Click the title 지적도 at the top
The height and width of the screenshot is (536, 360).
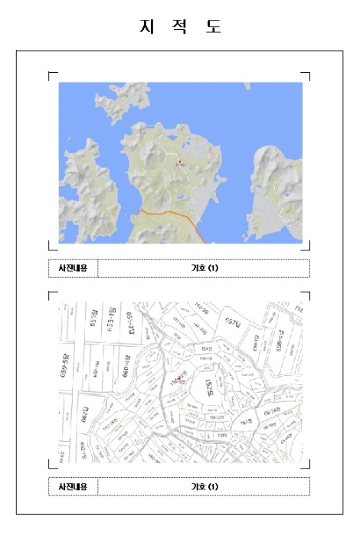pyautogui.click(x=180, y=26)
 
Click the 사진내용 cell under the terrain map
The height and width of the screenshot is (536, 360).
pyautogui.click(x=73, y=268)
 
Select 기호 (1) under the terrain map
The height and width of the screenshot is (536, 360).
pyautogui.click(x=205, y=268)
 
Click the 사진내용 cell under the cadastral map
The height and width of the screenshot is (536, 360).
pyautogui.click(x=73, y=486)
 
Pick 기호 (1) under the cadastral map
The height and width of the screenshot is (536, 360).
pyautogui.click(x=205, y=486)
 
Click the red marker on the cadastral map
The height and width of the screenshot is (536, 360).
pyautogui.click(x=178, y=379)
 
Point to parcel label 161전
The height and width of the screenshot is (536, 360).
pyautogui.click(x=246, y=422)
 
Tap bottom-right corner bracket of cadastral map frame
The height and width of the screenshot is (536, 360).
pyautogui.click(x=309, y=466)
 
